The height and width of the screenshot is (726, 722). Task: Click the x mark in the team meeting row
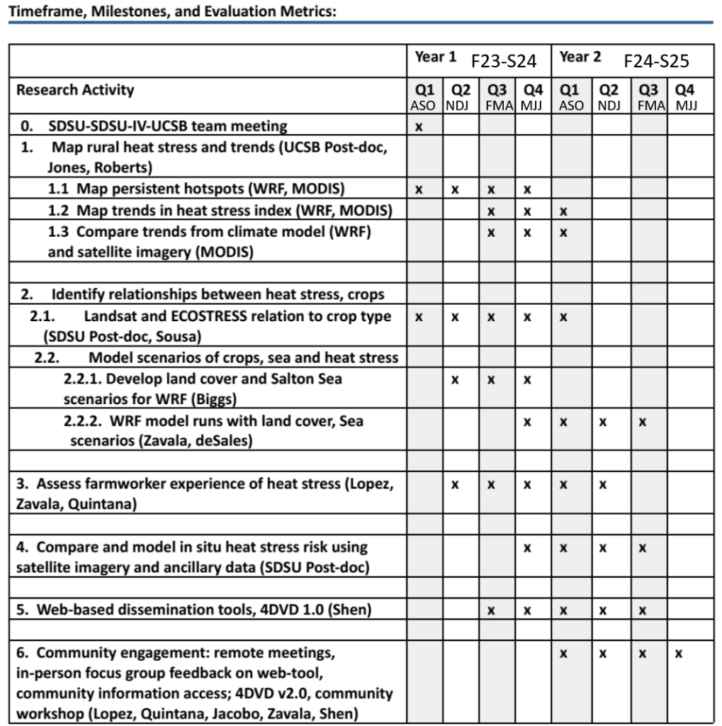point(418,128)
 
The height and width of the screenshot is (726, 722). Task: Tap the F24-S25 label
point(656,62)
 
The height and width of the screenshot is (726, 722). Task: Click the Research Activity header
point(64,90)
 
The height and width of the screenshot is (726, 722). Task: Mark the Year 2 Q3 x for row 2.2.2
point(641,422)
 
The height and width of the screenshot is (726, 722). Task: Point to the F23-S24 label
point(504,62)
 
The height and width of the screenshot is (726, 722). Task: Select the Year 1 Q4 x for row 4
point(528,548)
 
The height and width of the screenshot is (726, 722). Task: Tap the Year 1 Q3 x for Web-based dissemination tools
point(490,608)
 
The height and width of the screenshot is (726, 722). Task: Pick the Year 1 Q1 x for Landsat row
point(418,318)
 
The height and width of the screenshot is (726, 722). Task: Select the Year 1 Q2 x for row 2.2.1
point(455,380)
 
